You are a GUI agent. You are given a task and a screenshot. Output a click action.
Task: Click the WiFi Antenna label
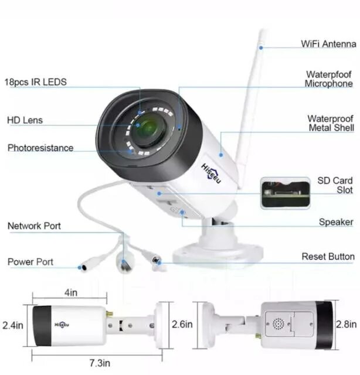[328, 44]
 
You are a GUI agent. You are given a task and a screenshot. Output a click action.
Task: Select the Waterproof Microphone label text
[329, 79]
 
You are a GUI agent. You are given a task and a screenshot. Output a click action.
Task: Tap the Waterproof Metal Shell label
[331, 123]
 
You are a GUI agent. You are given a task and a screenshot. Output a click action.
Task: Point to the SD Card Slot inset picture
[285, 193]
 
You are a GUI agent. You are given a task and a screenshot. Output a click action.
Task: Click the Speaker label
[336, 222]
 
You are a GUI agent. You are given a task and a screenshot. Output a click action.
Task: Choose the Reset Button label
[328, 257]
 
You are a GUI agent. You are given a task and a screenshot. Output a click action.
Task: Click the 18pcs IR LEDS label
[36, 82]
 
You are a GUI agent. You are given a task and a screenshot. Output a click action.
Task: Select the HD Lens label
[25, 120]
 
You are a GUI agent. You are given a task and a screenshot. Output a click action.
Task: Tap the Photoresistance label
[40, 148]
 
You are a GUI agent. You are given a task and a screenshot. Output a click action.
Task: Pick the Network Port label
[34, 226]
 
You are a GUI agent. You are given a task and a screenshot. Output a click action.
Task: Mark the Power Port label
[30, 262]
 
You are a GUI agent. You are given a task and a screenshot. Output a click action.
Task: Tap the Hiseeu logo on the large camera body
[211, 173]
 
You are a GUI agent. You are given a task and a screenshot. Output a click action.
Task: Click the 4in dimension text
[71, 293]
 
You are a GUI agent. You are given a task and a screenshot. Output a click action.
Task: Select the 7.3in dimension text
[100, 363]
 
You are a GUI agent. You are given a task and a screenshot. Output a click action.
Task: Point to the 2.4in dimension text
[13, 326]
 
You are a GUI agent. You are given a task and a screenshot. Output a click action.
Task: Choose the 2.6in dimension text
[182, 324]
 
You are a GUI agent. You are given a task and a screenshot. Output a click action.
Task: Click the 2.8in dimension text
[347, 324]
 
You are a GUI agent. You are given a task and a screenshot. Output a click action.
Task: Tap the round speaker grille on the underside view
[279, 324]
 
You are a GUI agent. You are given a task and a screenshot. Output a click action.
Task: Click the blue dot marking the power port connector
[80, 267]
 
